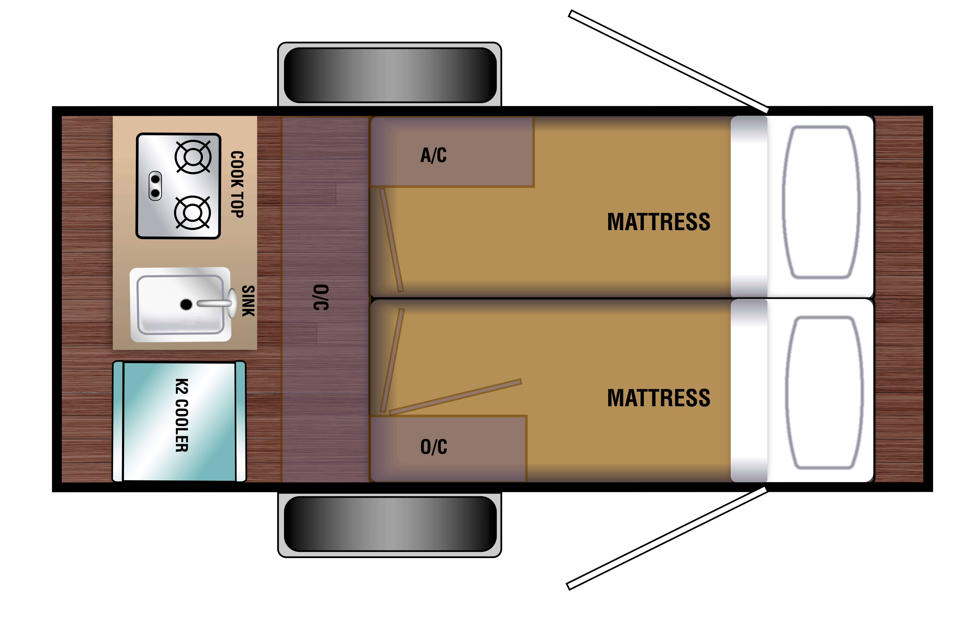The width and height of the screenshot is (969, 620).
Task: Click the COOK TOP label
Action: pos(237,184)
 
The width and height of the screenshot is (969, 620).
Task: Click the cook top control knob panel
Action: pos(155,186)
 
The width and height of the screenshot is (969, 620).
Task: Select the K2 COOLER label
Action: pos(182,415)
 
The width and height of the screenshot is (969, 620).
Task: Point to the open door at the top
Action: pos(668,61)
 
